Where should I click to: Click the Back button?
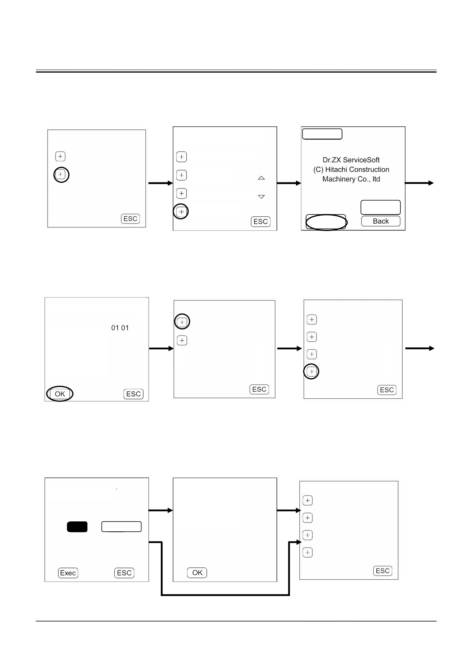(x=381, y=221)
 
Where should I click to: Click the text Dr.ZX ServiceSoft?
(x=351, y=160)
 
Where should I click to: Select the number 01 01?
(x=120, y=328)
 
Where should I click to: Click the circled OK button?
(x=60, y=394)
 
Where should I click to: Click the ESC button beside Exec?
(x=124, y=573)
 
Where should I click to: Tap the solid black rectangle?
(x=77, y=527)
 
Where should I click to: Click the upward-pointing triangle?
(x=261, y=178)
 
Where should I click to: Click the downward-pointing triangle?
(x=261, y=197)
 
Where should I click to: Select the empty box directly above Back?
(x=381, y=208)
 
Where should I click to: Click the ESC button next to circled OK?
(x=133, y=394)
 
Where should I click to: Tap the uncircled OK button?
(x=197, y=573)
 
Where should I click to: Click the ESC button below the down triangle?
(x=261, y=222)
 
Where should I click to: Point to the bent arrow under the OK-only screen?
(x=226, y=595)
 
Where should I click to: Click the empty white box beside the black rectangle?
(x=122, y=527)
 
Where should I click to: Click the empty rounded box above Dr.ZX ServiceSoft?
(x=322, y=134)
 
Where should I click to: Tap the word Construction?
(x=369, y=169)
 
